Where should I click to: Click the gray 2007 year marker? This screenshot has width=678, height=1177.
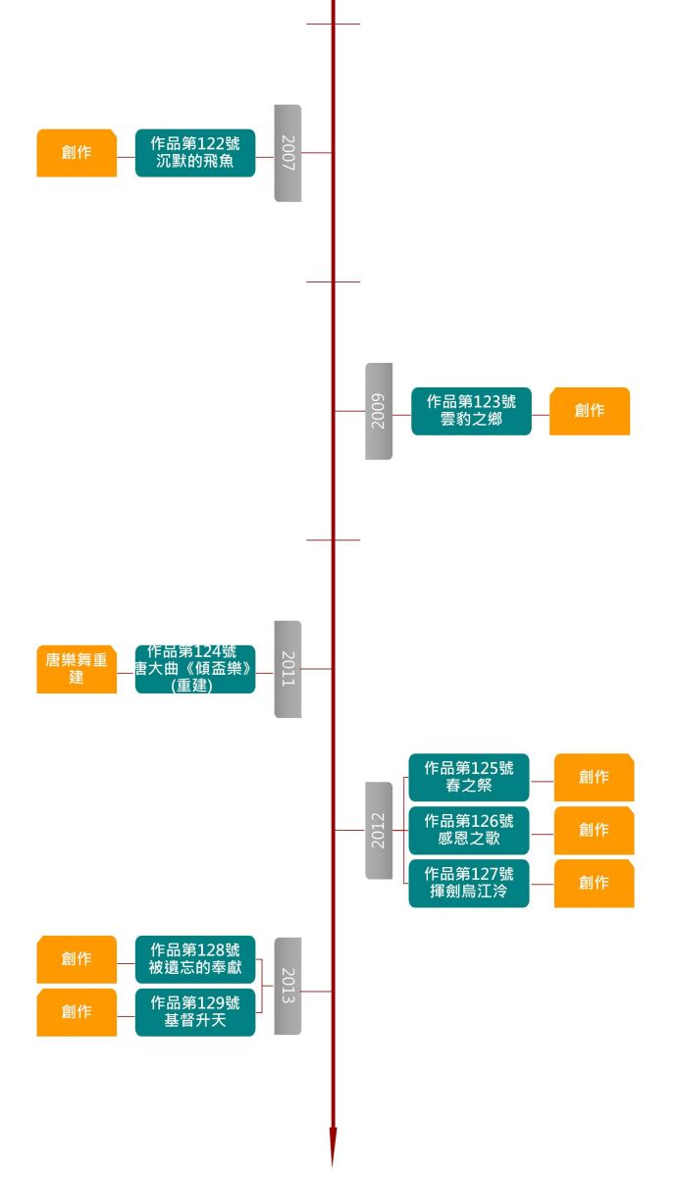coord(287,153)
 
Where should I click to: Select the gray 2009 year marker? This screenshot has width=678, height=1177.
coord(379,411)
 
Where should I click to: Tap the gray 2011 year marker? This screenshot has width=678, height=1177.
coord(287,669)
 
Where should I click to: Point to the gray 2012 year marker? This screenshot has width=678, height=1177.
coord(379,830)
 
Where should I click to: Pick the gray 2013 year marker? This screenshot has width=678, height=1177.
coord(287,986)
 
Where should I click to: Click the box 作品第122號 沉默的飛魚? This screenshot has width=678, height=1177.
coord(195,153)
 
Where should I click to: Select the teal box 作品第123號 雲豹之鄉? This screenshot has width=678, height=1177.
coord(471,411)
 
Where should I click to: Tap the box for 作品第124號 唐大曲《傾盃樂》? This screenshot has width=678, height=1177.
coord(195,669)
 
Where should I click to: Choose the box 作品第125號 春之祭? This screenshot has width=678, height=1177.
coord(469,777)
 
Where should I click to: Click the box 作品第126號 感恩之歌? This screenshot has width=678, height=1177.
coord(469,830)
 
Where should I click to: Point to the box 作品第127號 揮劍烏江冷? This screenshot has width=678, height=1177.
coord(469,883)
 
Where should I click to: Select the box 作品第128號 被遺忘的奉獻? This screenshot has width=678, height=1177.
coord(195,959)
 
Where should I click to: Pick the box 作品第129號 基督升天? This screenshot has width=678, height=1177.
coord(195,1012)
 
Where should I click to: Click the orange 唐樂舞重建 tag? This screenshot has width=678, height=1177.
coord(77,669)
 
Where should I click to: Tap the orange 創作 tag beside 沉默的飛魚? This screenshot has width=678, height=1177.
coord(77,153)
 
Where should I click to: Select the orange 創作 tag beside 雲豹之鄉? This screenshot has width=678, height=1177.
coord(590,411)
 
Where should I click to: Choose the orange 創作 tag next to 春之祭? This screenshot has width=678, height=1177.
coord(594,777)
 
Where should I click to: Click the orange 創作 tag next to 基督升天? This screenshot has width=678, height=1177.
coord(77,1012)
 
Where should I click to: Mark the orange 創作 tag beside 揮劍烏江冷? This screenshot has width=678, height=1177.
coord(594,883)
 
